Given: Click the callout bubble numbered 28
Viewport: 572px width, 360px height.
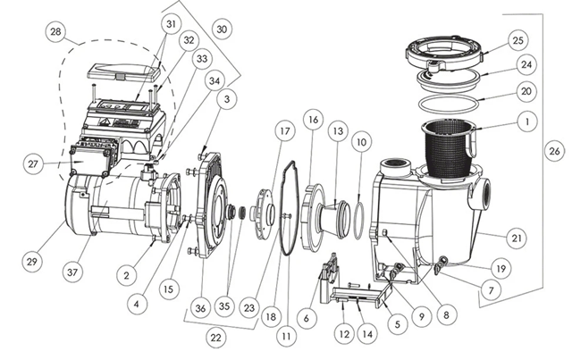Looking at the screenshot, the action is point(55,32).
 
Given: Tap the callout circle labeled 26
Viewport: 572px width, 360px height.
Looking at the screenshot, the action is point(554,150).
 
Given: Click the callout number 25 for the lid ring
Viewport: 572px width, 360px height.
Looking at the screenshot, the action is point(518,40).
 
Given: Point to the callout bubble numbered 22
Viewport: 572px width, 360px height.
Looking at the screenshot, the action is point(216,338).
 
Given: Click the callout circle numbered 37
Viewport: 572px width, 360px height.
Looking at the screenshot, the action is point(72,272).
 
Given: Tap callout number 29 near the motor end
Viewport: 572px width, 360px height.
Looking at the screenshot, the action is point(32,261).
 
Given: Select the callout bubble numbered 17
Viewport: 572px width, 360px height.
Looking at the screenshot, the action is point(284,131).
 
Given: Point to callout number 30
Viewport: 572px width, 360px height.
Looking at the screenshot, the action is point(222,29).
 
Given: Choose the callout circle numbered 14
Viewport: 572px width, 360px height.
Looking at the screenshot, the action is point(367,334).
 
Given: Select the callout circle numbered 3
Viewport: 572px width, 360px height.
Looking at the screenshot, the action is point(227,99).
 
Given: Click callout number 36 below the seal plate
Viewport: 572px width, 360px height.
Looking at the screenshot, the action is point(200,308).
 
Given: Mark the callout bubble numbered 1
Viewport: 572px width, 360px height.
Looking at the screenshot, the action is point(526,121).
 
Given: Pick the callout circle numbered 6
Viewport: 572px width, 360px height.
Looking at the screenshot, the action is point(306,318).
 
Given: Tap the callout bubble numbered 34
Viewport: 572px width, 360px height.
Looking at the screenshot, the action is point(214,81).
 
